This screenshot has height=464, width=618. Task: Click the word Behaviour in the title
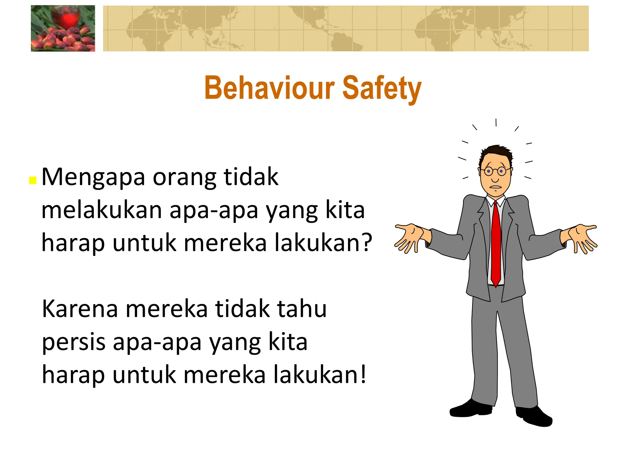click(x=269, y=88)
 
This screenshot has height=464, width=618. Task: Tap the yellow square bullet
click(x=33, y=180)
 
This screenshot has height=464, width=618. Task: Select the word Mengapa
click(x=93, y=178)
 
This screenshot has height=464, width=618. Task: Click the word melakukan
click(x=102, y=210)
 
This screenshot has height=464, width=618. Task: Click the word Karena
click(x=80, y=309)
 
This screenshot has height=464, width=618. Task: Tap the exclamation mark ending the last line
click(x=363, y=374)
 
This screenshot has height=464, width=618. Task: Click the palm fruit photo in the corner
click(x=63, y=28)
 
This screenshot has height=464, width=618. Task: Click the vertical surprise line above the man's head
click(x=496, y=123)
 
